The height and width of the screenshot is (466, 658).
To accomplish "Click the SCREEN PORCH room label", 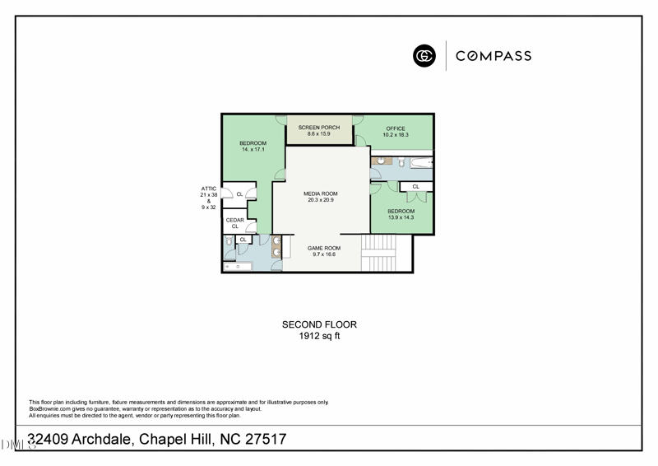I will (x=318, y=128).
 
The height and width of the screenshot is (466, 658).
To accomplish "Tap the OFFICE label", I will (x=396, y=128).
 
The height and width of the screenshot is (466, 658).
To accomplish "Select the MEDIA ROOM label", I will (x=320, y=194).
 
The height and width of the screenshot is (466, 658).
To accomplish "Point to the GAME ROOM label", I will (x=323, y=248).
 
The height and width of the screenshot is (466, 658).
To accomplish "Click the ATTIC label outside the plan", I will (x=209, y=189).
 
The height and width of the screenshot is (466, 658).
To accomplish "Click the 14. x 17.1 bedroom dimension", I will (x=253, y=150).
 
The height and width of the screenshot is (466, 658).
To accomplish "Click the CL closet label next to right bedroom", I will (x=415, y=187).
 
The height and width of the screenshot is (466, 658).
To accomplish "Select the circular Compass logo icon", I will (x=424, y=56).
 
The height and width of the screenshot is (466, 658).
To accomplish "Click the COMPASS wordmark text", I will (x=493, y=56).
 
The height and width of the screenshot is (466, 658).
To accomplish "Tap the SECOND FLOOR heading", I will (x=319, y=325).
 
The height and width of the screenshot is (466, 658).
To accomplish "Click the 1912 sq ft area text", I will (x=319, y=336).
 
